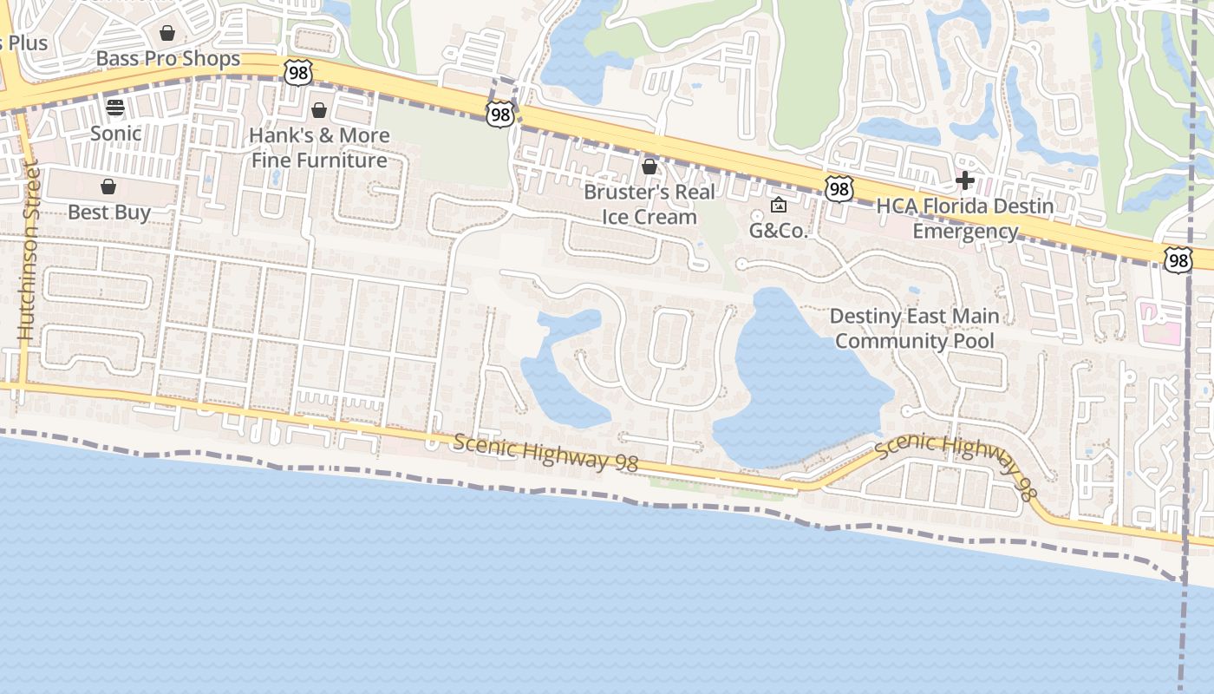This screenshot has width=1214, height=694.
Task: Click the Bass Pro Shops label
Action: pyautogui.click(x=168, y=59)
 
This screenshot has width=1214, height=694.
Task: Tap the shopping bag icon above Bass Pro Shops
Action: pyautogui.click(x=167, y=34)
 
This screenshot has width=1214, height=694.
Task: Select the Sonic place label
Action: pyautogui.click(x=115, y=134)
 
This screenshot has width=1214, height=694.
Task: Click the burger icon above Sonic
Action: pyautogui.click(x=115, y=108)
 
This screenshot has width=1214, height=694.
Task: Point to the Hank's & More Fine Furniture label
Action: pyautogui.click(x=319, y=147)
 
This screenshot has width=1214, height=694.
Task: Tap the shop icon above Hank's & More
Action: pyautogui.click(x=319, y=110)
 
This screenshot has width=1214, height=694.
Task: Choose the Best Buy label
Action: pyautogui.click(x=109, y=213)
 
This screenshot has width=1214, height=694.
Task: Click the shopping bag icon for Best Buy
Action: pyautogui.click(x=108, y=187)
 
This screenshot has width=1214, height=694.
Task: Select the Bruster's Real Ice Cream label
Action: pyautogui.click(x=649, y=204)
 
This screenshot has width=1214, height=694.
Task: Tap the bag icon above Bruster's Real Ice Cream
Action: pyautogui.click(x=649, y=167)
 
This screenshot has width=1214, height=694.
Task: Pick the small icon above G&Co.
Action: pyautogui.click(x=779, y=206)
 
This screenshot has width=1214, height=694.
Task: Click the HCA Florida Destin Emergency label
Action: pyautogui.click(x=965, y=219)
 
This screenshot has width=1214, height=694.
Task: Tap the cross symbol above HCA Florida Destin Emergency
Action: pyautogui.click(x=964, y=180)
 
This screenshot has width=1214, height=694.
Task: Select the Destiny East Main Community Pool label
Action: pyautogui.click(x=915, y=328)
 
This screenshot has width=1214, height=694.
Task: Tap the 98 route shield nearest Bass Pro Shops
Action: pyautogui.click(x=297, y=73)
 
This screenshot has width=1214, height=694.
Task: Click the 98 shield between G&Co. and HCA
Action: pyautogui.click(x=839, y=189)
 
